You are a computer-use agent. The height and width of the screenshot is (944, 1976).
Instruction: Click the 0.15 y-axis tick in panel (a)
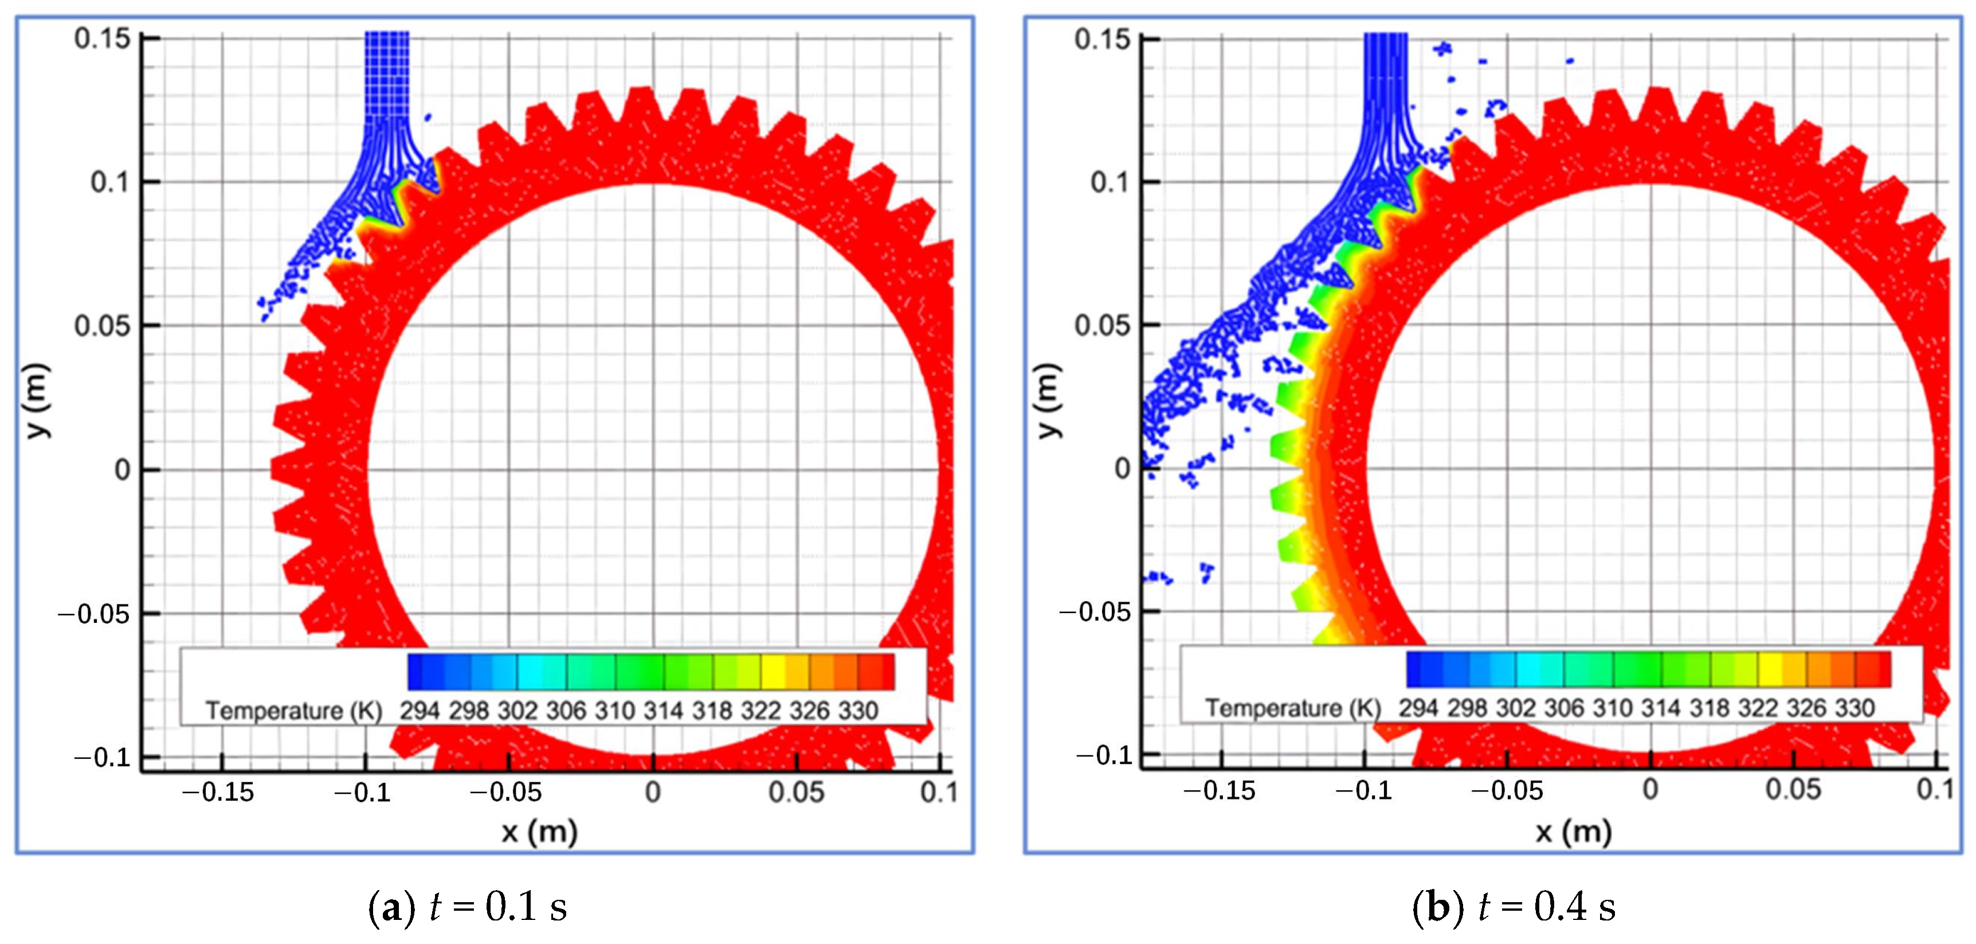click(102, 38)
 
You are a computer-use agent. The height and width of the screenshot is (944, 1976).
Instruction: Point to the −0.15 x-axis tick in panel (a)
click(218, 791)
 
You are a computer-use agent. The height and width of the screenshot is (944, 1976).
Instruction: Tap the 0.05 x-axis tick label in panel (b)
click(1793, 789)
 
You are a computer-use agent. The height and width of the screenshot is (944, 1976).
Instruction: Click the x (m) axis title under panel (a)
click(539, 831)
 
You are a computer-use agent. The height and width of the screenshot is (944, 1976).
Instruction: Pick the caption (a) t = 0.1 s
click(468, 906)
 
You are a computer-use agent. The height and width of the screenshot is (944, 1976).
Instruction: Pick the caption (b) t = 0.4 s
click(1514, 906)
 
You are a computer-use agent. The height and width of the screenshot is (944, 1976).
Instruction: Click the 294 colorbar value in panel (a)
click(419, 711)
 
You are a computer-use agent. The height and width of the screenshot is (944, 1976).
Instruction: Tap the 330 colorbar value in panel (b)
click(1854, 708)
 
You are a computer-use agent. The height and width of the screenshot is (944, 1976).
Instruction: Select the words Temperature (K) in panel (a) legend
click(294, 711)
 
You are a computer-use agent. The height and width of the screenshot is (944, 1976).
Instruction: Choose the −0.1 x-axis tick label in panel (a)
click(362, 791)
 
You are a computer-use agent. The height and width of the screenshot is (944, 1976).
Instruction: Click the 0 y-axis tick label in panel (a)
click(123, 470)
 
